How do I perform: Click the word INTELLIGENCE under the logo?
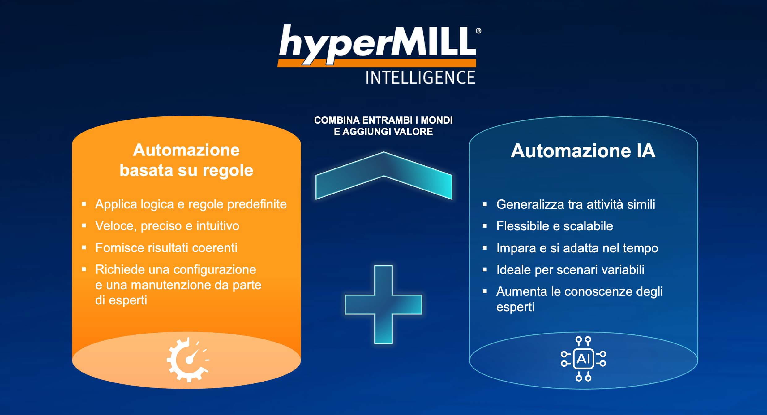pos(420,77)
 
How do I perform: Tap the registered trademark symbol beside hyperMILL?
pos(478,31)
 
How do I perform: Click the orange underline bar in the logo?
pos(376,63)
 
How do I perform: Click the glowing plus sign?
pos(383,304)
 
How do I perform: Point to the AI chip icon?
pos(583,359)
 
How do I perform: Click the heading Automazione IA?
pos(583,151)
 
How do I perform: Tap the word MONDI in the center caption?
pos(437,120)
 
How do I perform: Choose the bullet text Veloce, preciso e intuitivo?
pos(167,226)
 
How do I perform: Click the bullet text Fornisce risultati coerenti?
pos(166,248)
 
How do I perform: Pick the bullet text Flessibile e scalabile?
pos(555,226)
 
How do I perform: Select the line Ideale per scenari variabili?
pos(570,270)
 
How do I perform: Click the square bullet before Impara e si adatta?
pos(485,248)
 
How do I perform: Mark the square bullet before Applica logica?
pos(84,204)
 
